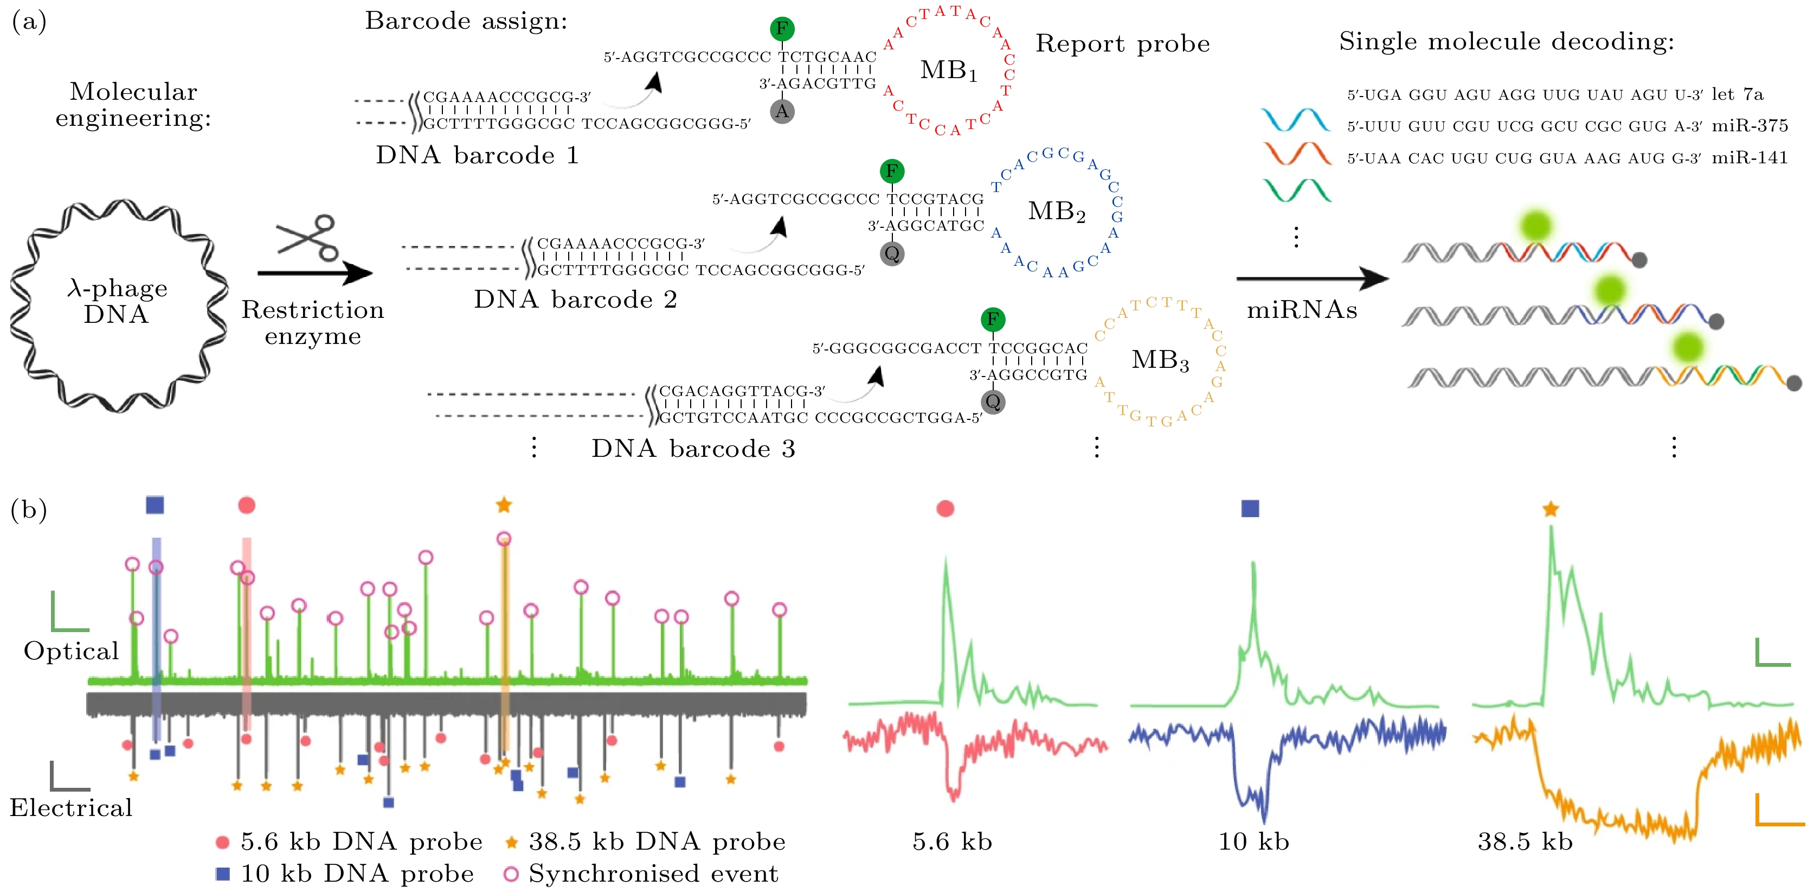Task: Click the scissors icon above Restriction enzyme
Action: [308, 238]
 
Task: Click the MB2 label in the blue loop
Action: [1056, 212]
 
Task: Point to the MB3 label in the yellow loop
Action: [1160, 360]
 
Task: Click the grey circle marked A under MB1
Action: [782, 111]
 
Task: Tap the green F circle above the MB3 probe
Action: [992, 319]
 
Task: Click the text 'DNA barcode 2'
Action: [575, 300]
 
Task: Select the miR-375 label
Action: [1749, 126]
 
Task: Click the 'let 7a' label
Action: [1737, 94]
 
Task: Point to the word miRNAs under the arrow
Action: [1301, 310]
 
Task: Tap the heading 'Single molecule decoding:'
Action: [1506, 42]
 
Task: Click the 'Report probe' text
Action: [1122, 44]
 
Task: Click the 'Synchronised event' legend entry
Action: [653, 874]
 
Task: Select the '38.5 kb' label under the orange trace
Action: [1524, 842]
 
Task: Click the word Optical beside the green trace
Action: [71, 651]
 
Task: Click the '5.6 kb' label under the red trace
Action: [952, 842]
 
